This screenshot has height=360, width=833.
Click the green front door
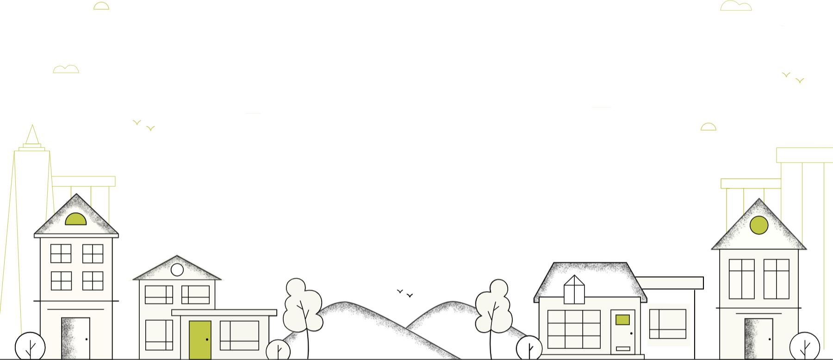pos(200,340)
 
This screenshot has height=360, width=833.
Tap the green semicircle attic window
pos(75,220)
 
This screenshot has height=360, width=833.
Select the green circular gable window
pos(759,225)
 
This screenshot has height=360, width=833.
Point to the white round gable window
pos(177,269)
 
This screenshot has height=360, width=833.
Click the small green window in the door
pos(622,320)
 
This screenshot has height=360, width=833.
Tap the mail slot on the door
pos(623,348)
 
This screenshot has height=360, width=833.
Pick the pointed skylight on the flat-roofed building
pos(574,290)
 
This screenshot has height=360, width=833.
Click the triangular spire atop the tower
pos(32,136)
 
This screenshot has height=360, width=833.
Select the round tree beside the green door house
pos(278,350)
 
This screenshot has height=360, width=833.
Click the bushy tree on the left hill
pos(302,305)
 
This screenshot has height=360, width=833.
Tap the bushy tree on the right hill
pos(494,307)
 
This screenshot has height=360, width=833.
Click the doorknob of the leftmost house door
pos(87,339)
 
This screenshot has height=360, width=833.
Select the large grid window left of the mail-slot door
pos(574,329)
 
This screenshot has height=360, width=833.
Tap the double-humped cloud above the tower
pos(66,69)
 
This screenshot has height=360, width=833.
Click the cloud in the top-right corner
pos(736,6)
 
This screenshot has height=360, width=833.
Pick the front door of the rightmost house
pos(759,339)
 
